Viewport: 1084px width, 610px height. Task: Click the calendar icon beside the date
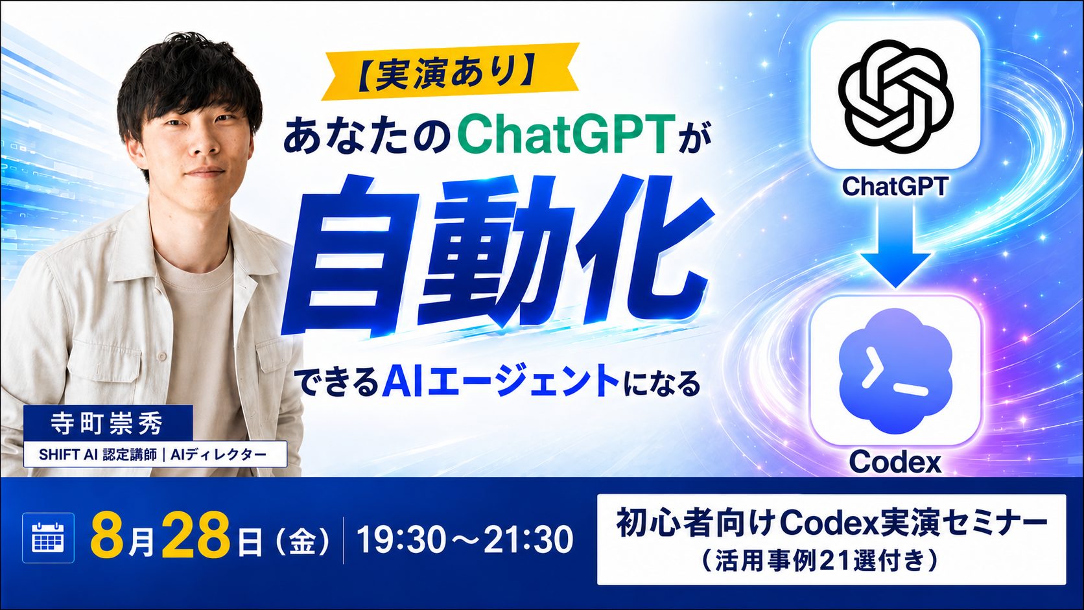click(48, 537)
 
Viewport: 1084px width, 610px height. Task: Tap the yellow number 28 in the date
click(196, 537)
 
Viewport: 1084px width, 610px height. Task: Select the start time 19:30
click(399, 539)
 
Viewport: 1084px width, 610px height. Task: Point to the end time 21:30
click(528, 539)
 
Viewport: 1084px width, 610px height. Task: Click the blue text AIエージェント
click(501, 383)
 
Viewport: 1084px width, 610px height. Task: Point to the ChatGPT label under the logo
click(895, 186)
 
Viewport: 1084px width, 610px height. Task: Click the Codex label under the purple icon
click(895, 462)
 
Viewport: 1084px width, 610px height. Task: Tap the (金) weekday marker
click(302, 542)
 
